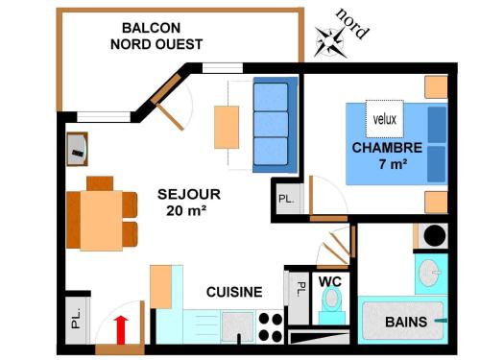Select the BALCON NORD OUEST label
pyautogui.click(x=156, y=36)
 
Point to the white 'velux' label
pyautogui.click(x=384, y=120)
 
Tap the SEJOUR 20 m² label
pyautogui.click(x=188, y=203)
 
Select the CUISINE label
pyautogui.click(x=235, y=292)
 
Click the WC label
pyautogui.click(x=330, y=281)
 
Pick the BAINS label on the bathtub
pyautogui.click(x=406, y=322)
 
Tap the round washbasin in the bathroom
pyautogui.click(x=429, y=272)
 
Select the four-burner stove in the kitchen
pyautogui.click(x=271, y=326)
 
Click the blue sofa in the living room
pyautogui.click(x=271, y=125)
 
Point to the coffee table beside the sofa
pyautogui.click(x=227, y=126)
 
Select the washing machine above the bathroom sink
pyautogui.click(x=431, y=234)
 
